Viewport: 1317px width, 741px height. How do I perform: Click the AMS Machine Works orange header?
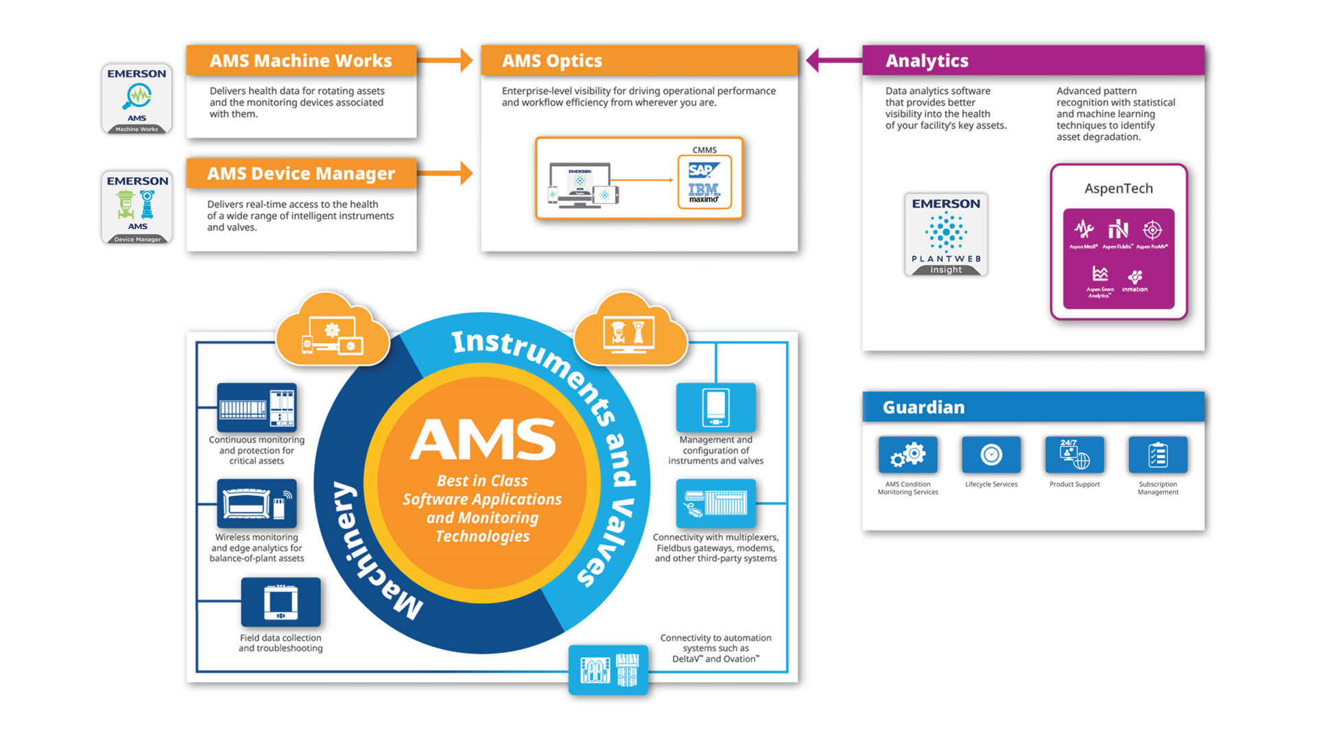tap(300, 61)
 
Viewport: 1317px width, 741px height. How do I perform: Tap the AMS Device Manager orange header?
tap(300, 174)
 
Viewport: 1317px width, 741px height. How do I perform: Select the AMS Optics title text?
tap(552, 61)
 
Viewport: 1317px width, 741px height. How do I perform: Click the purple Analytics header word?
tap(927, 61)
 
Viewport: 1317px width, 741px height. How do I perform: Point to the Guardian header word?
tap(923, 408)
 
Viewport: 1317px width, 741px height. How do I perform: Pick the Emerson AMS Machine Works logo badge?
tap(137, 99)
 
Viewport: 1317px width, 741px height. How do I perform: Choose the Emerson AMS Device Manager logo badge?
tap(137, 207)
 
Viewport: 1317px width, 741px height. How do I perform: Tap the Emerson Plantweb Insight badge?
tap(946, 235)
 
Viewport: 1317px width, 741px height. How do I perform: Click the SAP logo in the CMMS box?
tap(704, 170)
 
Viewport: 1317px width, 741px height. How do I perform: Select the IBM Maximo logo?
tap(704, 191)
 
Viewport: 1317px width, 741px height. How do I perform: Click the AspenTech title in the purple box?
tap(1118, 189)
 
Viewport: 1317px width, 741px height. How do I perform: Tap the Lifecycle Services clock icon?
tap(991, 455)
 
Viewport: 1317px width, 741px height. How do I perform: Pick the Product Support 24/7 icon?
tap(1074, 455)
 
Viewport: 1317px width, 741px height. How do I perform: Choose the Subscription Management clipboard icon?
tap(1158, 455)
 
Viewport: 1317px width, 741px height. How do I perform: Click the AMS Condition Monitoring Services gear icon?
tap(907, 455)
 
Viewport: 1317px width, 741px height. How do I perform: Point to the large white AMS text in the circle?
tap(483, 440)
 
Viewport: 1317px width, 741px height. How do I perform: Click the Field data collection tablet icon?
tap(281, 602)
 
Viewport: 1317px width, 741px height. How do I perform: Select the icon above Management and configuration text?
tap(715, 408)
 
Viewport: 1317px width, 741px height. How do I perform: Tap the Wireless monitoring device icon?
tap(257, 504)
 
